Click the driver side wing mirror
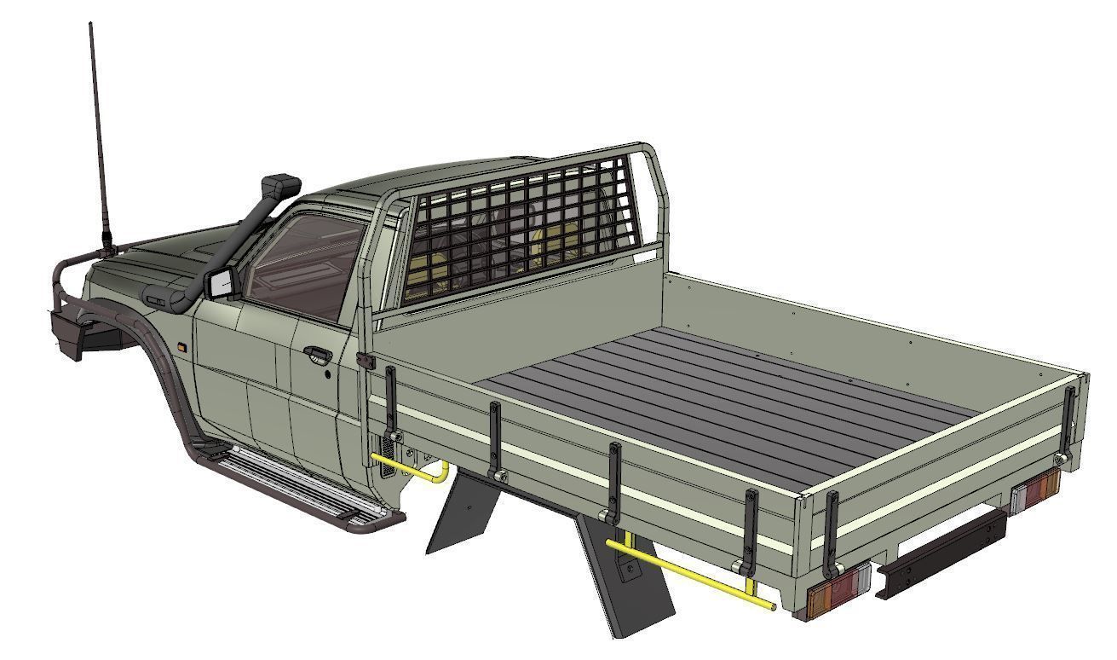(221, 283)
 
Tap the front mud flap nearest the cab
(460, 512)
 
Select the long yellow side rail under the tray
(690, 573)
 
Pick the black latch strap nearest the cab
(390, 401)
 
